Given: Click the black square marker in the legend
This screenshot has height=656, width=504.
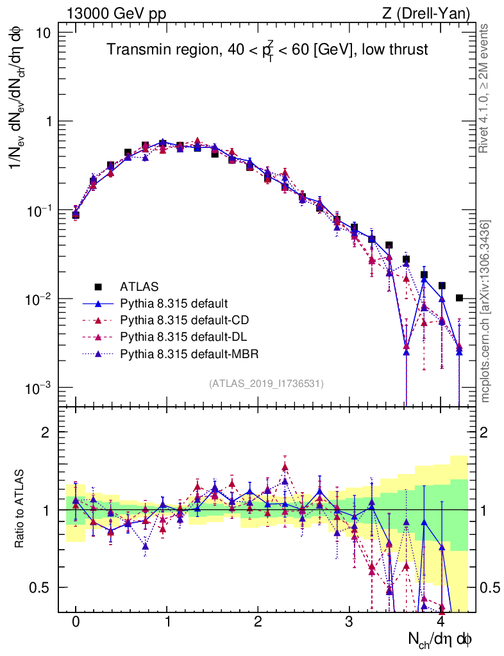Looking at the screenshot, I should coord(98,286).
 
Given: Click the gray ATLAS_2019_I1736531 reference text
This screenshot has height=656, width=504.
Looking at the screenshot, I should coord(266,384).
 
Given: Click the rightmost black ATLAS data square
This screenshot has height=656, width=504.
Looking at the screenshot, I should coord(459,298).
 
